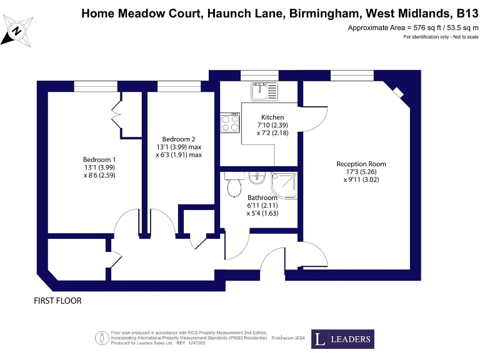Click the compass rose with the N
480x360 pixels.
[x=17, y=31]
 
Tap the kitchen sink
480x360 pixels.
[x=264, y=91]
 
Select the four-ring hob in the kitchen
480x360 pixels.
[x=230, y=122]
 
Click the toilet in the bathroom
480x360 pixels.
[x=234, y=184]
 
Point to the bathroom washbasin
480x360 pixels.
[x=257, y=178]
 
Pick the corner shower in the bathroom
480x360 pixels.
[x=284, y=185]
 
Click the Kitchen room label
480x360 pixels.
[x=272, y=117]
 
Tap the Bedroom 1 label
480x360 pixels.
[x=99, y=159]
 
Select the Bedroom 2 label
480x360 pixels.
[x=179, y=139]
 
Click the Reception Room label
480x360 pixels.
[x=361, y=164]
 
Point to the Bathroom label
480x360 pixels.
[x=262, y=197]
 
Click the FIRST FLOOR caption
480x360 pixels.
[x=58, y=301]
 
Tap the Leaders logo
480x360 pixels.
[x=342, y=339]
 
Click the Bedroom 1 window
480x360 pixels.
[x=96, y=87]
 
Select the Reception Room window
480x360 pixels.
[x=352, y=76]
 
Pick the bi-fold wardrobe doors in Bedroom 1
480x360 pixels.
[x=117, y=115]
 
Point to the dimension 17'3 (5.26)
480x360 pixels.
[x=361, y=172]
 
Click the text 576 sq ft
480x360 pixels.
[x=427, y=27]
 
